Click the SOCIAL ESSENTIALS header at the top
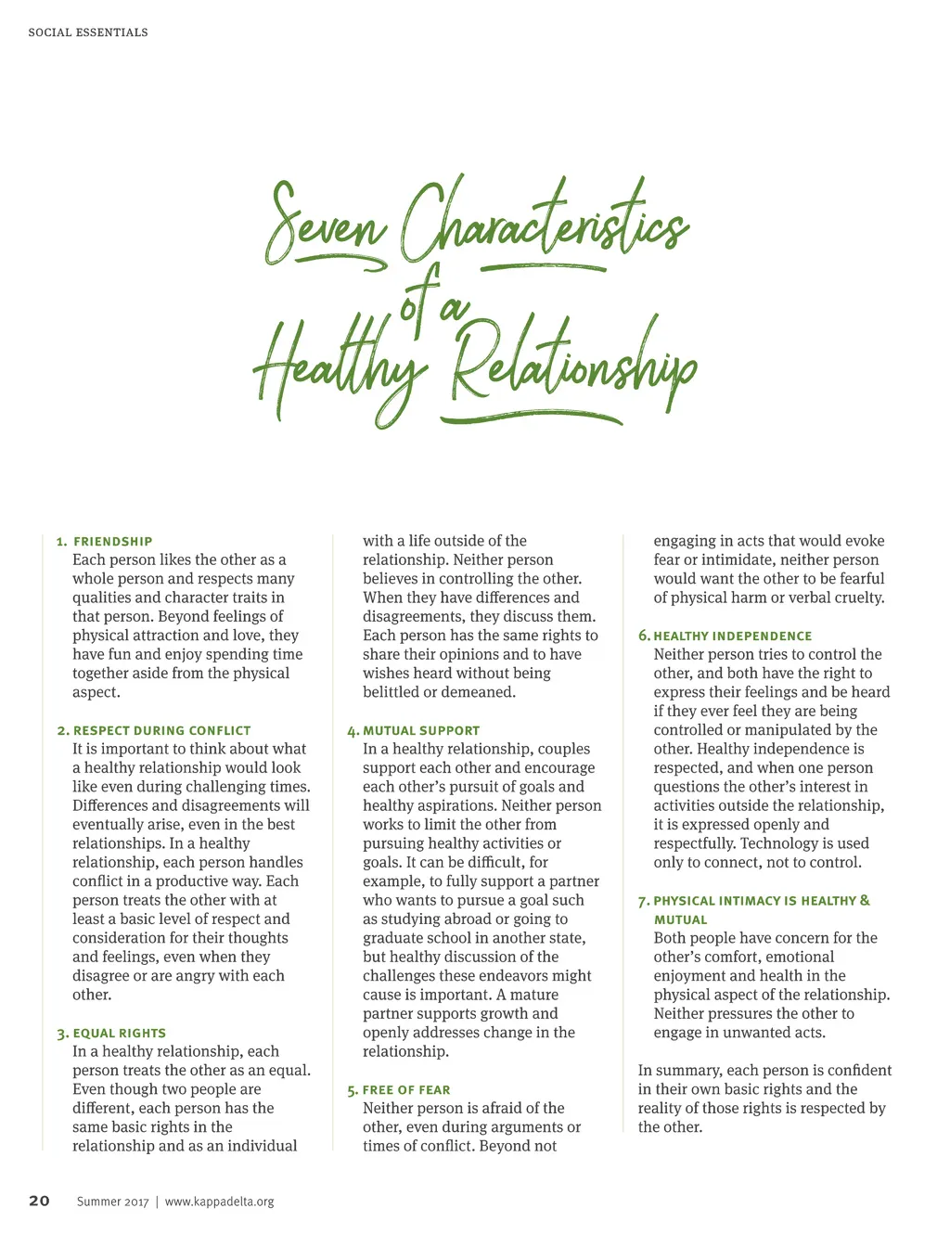[x=88, y=32]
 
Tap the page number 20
[x=39, y=1201]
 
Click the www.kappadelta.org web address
[x=220, y=1202]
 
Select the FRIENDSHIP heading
[x=113, y=542]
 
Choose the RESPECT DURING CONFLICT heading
[x=162, y=731]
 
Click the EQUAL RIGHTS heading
[x=120, y=1034]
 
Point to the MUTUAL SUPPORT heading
[x=421, y=731]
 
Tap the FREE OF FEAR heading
[x=406, y=1090]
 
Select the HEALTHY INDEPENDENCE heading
[x=733, y=636]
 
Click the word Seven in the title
[x=325, y=223]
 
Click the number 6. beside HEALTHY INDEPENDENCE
[x=644, y=636]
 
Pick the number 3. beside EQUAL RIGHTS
[x=62, y=1035]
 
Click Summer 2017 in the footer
[x=112, y=1202]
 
